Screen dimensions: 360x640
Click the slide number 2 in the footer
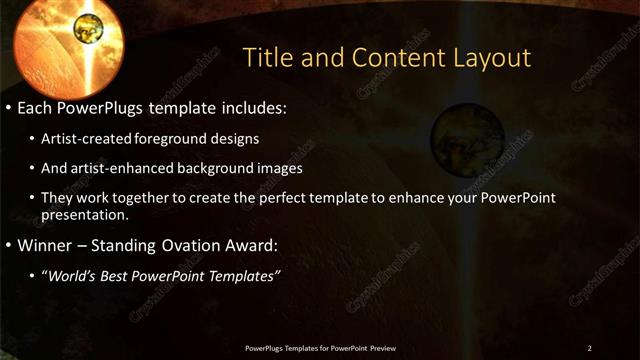pyautogui.click(x=590, y=347)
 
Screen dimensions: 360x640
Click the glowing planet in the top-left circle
pyautogui.click(x=88, y=22)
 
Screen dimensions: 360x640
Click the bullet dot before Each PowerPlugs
pyautogui.click(x=8, y=105)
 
